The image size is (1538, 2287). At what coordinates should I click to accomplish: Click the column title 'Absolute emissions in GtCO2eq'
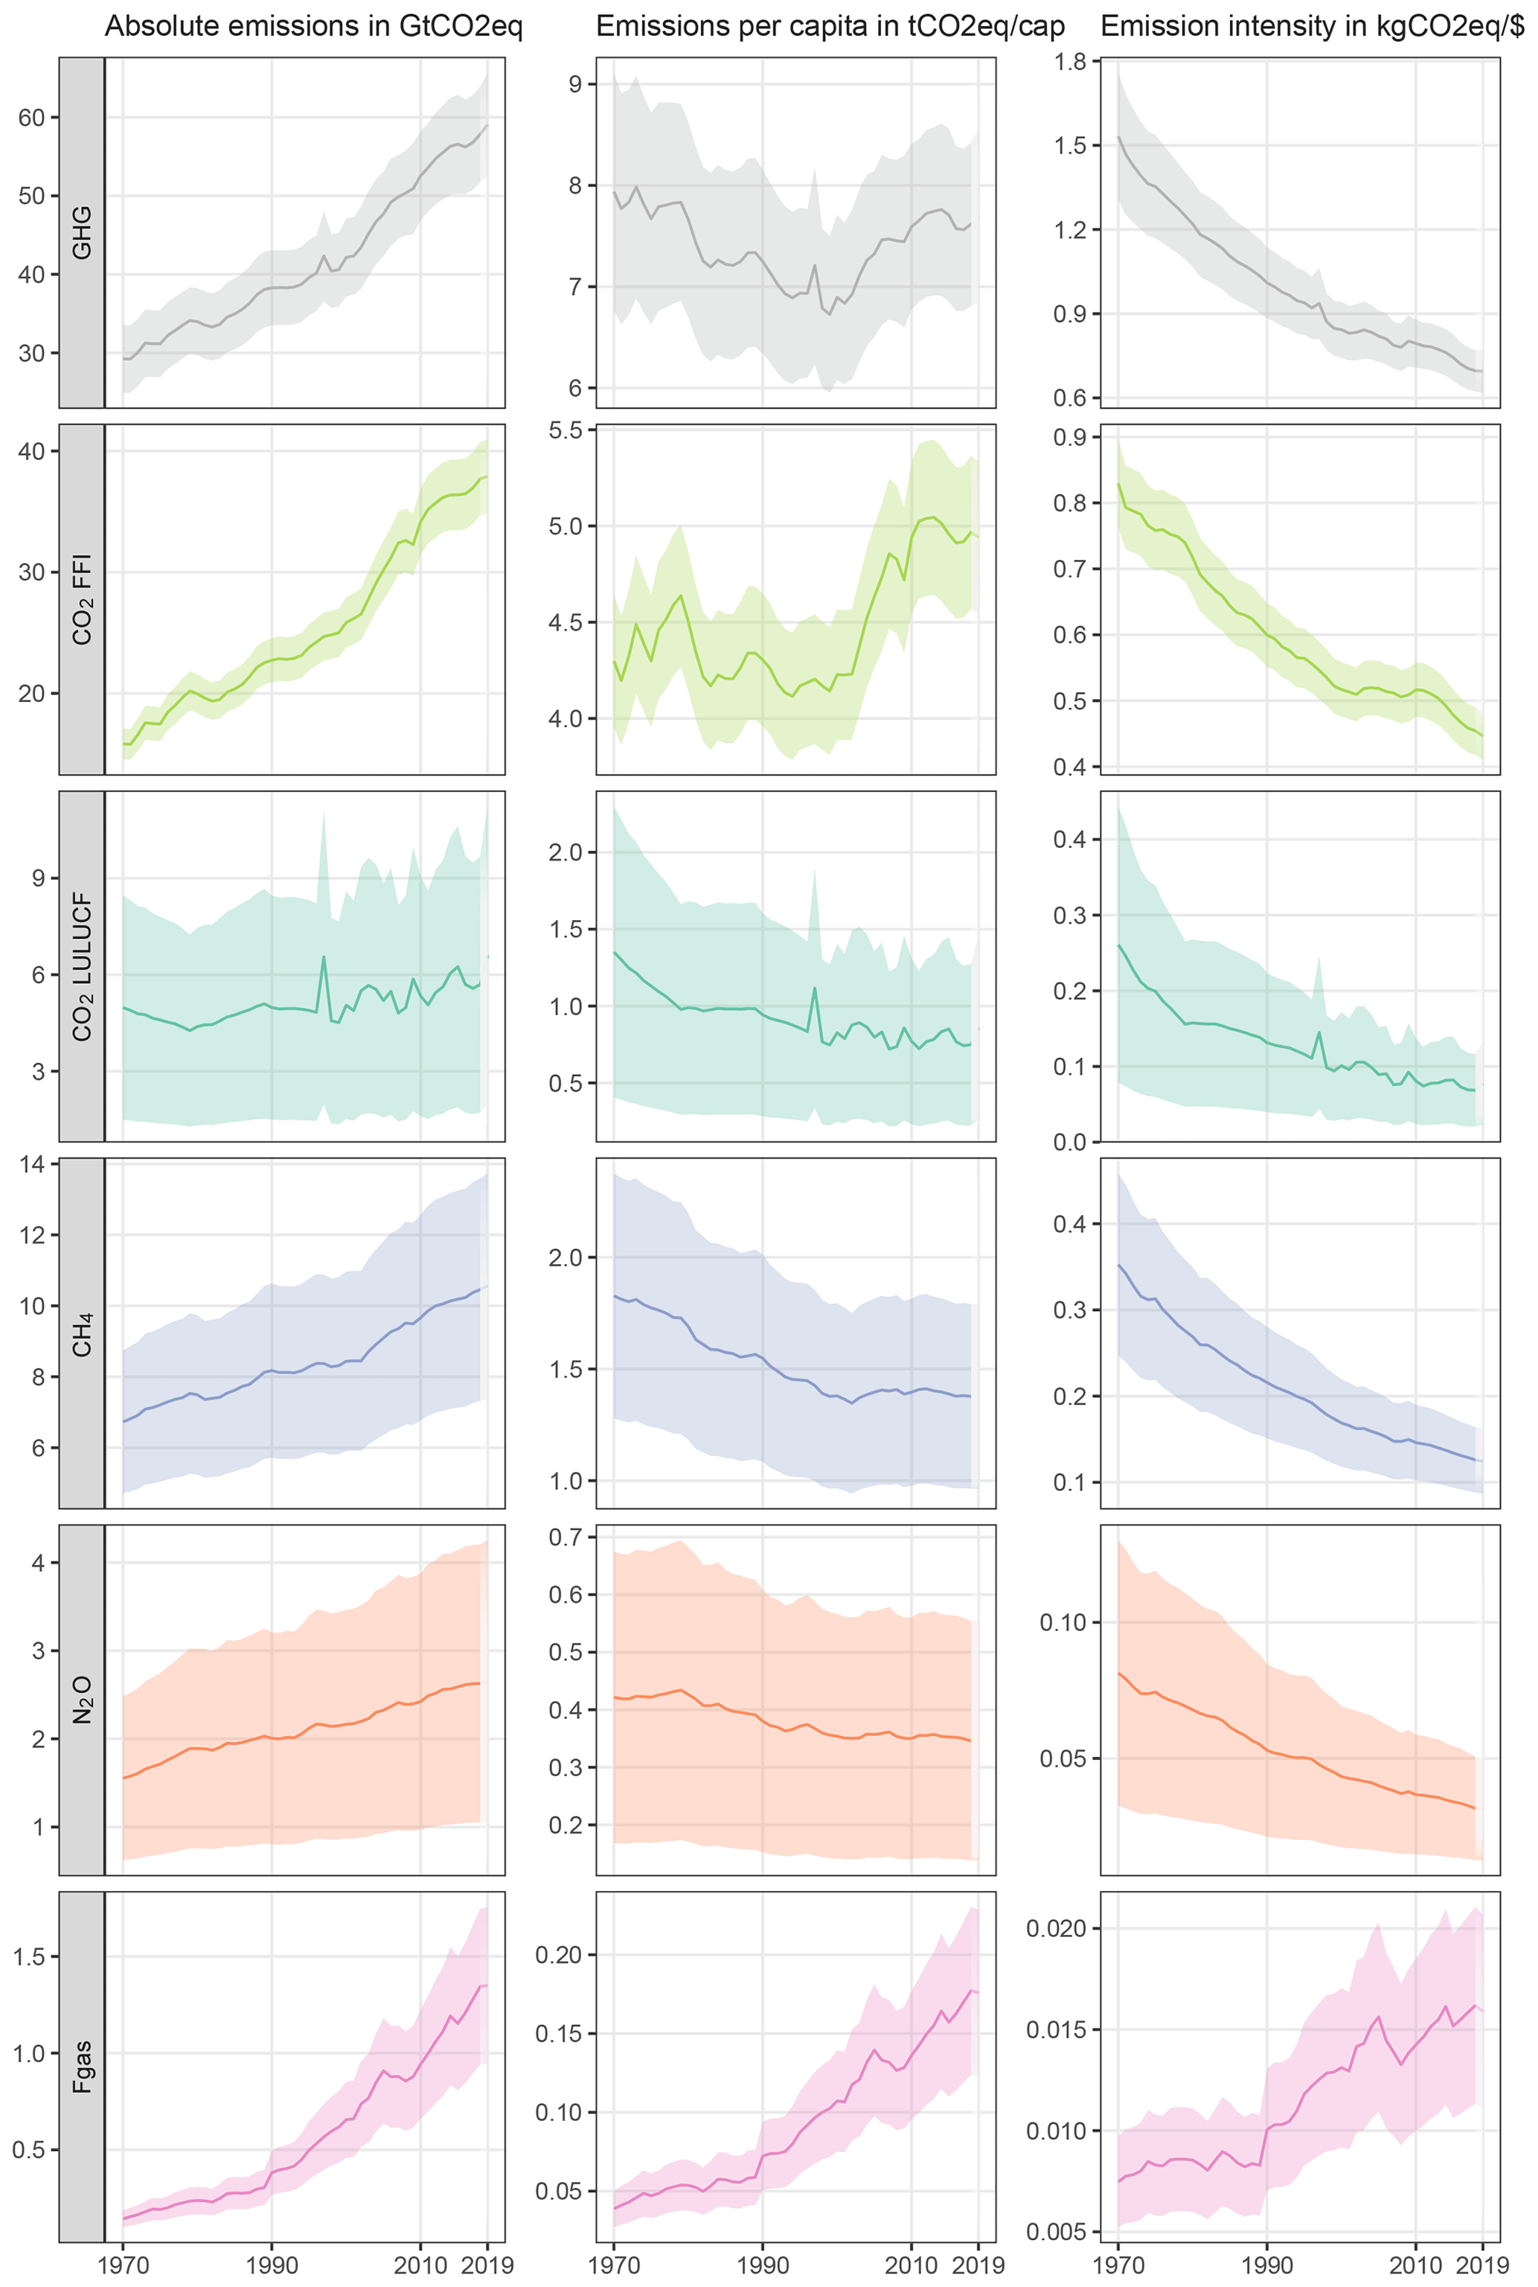[x=313, y=27]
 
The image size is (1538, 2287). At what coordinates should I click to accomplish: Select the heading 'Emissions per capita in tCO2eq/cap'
[x=830, y=27]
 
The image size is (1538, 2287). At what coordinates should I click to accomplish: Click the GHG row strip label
[x=83, y=232]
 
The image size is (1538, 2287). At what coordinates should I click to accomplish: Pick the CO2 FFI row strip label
[x=83, y=599]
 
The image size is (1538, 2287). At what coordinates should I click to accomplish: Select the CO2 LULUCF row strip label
[x=83, y=966]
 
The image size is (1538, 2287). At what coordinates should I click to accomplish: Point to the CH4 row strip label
[x=83, y=1333]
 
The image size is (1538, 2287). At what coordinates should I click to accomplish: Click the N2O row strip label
[x=83, y=1700]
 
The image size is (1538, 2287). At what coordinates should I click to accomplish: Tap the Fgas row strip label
[x=83, y=2065]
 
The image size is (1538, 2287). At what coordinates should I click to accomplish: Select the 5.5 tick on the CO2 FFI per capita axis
[x=561, y=431]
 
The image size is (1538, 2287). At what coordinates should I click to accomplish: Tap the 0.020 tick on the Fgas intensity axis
[x=1057, y=1929]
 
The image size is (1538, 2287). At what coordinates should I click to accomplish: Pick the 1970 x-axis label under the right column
[x=1118, y=2265]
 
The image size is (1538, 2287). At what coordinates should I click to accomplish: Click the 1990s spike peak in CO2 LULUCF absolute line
[x=324, y=957]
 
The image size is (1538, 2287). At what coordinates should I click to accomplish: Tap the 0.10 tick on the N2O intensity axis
[x=1063, y=1623]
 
